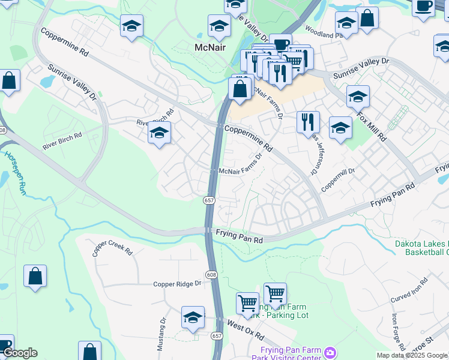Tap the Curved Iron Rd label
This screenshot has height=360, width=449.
pos(409,290)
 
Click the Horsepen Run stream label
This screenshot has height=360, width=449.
pos(13,172)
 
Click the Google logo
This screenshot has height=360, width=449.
pos(19,353)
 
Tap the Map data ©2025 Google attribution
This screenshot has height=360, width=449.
pos(412,355)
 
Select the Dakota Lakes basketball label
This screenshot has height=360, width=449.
pos(421,248)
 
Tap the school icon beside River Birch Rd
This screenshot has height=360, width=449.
pos(159,133)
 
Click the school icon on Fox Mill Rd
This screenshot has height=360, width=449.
pos(358,96)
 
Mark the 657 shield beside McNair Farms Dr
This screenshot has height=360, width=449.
pos(208,199)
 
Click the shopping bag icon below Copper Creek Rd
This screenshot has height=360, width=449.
pos(35,277)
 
